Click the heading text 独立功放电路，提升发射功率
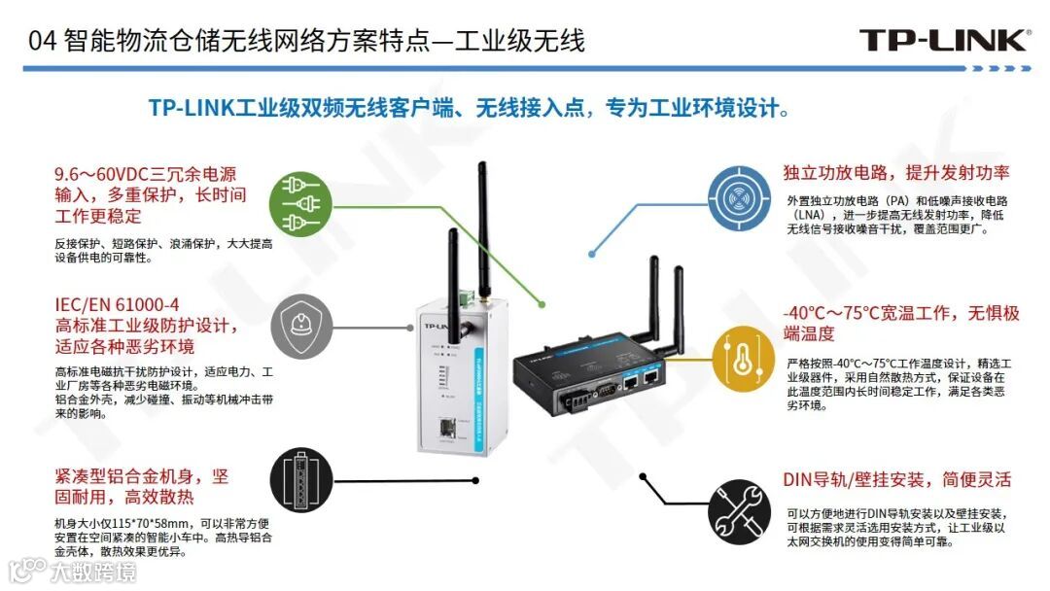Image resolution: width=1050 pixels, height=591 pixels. tap(895, 173)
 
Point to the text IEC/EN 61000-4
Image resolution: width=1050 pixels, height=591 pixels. tap(117, 305)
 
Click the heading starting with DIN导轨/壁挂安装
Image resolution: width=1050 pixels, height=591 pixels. tap(896, 479)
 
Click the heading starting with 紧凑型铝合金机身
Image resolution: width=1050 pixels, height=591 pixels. tap(141, 476)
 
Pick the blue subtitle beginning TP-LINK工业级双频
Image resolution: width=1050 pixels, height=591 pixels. tap(469, 107)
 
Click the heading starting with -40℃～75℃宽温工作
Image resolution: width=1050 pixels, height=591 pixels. tap(900, 314)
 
